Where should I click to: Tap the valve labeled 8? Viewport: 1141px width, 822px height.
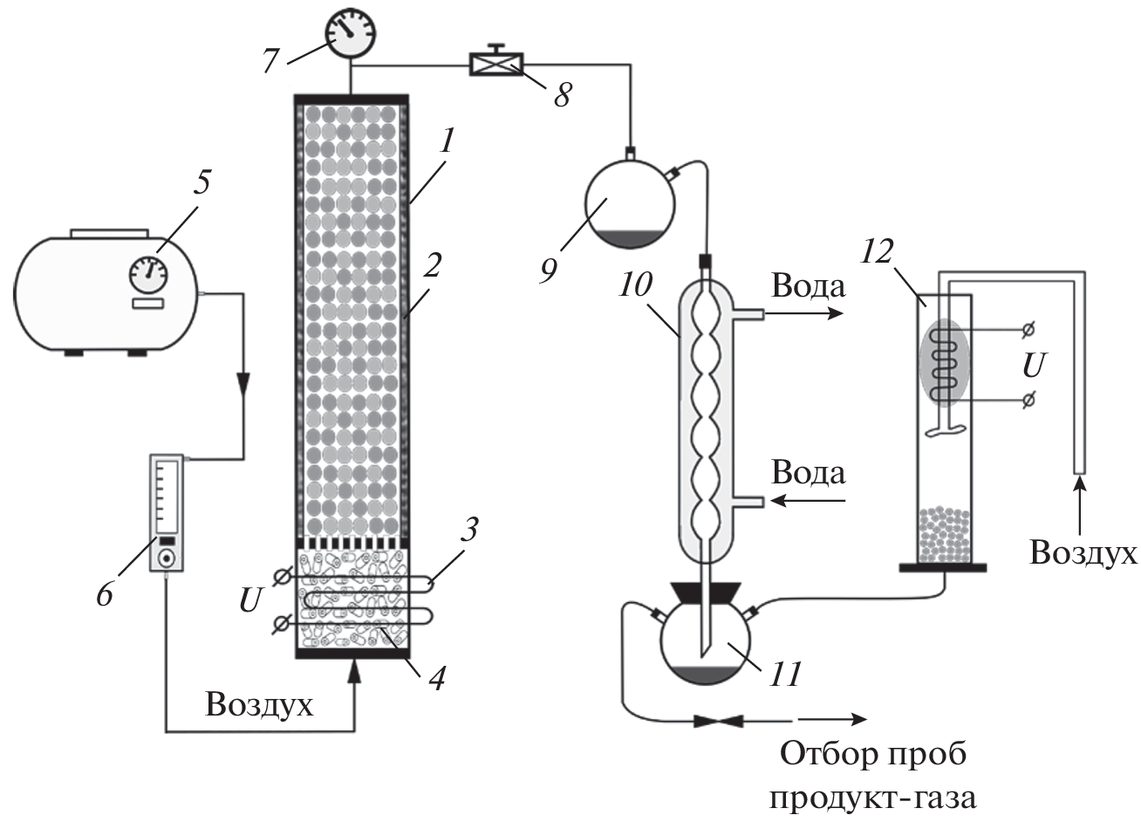(x=495, y=64)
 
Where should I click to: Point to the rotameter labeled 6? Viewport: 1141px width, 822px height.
(x=167, y=513)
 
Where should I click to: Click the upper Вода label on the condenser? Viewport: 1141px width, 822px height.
(x=808, y=287)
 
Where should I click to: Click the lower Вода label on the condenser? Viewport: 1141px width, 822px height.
(x=808, y=474)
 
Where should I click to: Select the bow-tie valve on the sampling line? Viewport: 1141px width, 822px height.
(x=717, y=721)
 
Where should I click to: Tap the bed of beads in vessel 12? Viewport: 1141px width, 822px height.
(x=944, y=533)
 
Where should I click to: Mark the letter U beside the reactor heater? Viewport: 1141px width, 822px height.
(x=249, y=600)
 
